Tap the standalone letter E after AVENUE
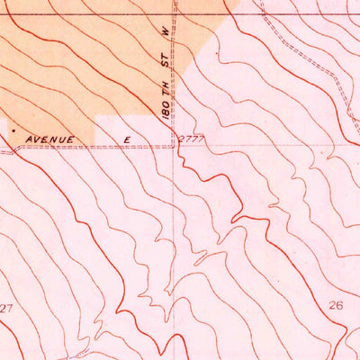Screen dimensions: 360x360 (128, 139)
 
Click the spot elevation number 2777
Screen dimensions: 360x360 (193, 139)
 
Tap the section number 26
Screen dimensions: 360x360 (337, 305)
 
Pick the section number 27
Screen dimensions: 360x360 (7, 309)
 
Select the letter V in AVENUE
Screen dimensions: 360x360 (37, 139)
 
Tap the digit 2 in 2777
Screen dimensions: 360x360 (183, 139)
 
